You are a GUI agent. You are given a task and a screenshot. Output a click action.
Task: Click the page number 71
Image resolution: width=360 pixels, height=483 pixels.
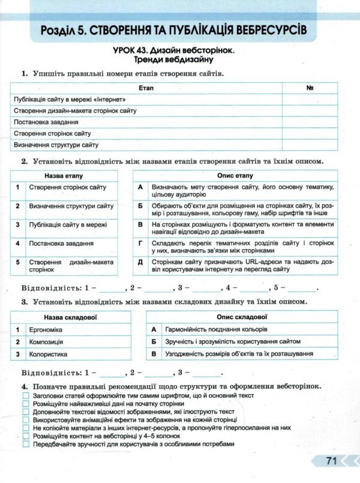(x=331, y=461)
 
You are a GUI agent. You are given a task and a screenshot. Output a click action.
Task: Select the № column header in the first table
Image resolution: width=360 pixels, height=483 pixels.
(x=310, y=88)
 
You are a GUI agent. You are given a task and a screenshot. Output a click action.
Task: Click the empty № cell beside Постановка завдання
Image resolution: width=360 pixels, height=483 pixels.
(x=310, y=122)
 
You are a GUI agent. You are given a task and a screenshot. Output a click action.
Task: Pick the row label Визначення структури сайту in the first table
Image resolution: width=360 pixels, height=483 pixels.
(x=56, y=145)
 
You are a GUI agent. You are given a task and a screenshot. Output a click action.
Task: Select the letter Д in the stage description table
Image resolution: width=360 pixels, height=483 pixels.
(x=140, y=262)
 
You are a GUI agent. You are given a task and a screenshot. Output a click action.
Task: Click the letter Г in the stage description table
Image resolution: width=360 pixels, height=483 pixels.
(x=140, y=243)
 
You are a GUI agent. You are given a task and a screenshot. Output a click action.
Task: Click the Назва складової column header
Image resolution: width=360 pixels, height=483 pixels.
(x=71, y=316)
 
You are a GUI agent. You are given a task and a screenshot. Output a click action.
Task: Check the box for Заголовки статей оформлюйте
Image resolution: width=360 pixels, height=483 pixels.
(x=25, y=396)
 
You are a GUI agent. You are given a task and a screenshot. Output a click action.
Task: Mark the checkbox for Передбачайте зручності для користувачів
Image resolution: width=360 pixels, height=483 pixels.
(x=25, y=444)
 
